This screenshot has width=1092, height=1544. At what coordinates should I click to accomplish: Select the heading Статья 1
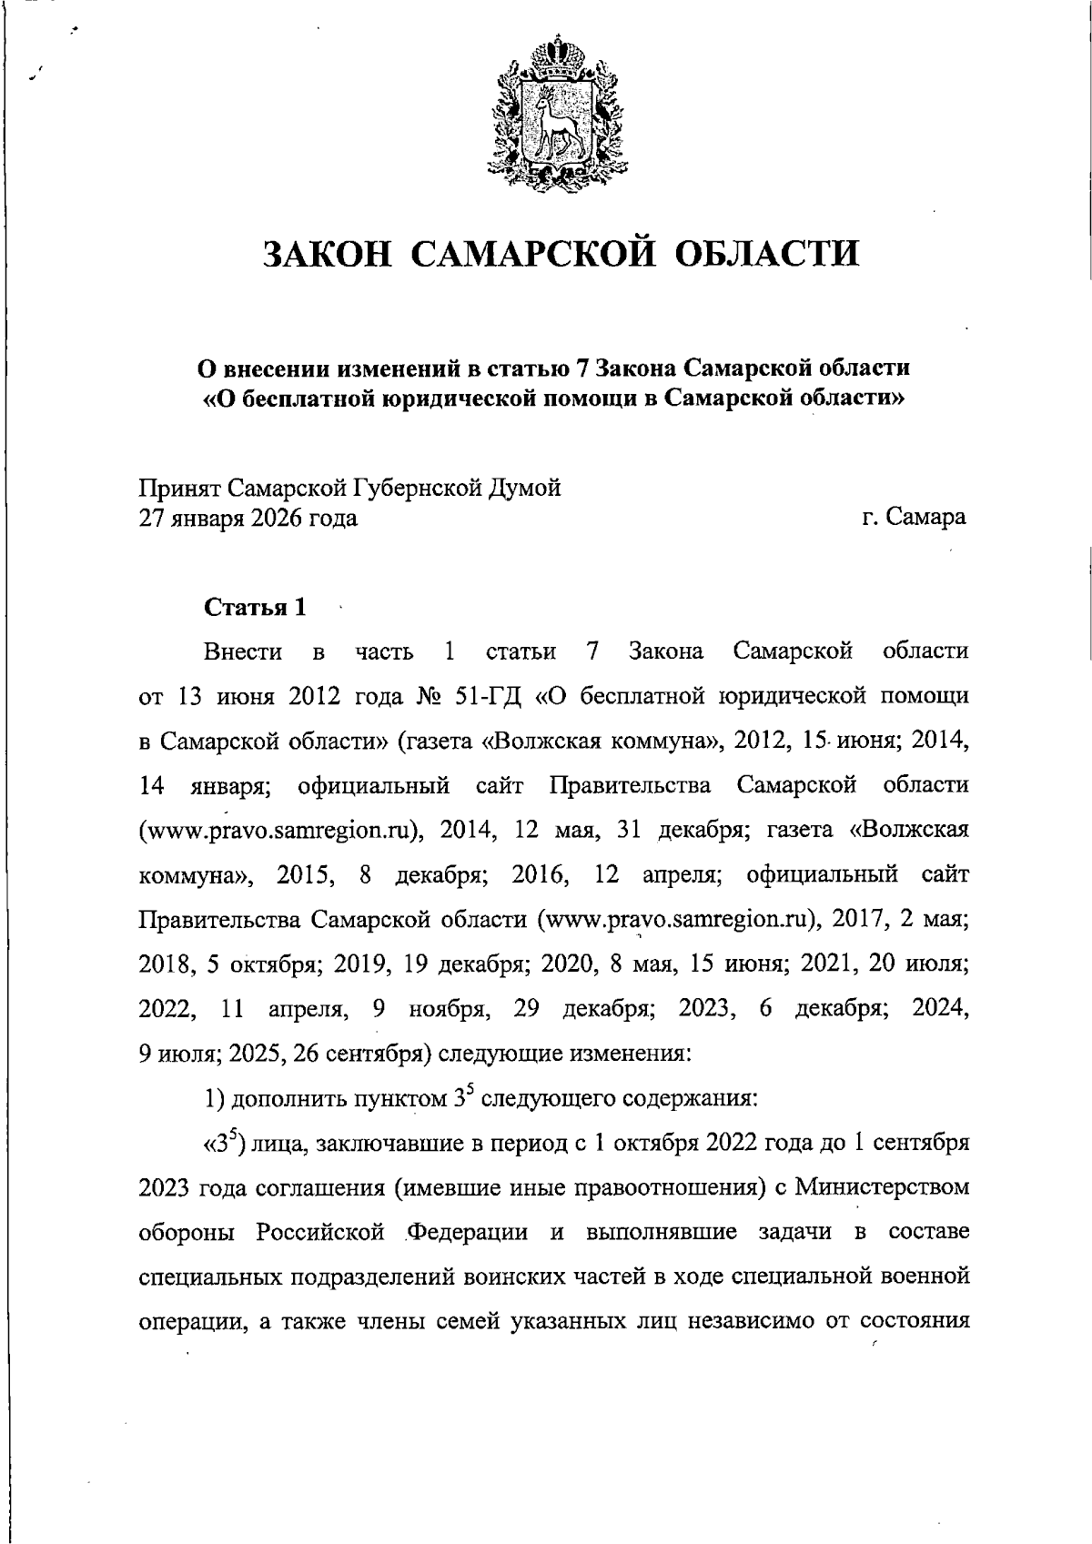click(x=255, y=607)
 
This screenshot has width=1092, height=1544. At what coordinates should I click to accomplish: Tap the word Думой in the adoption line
click(x=525, y=489)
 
